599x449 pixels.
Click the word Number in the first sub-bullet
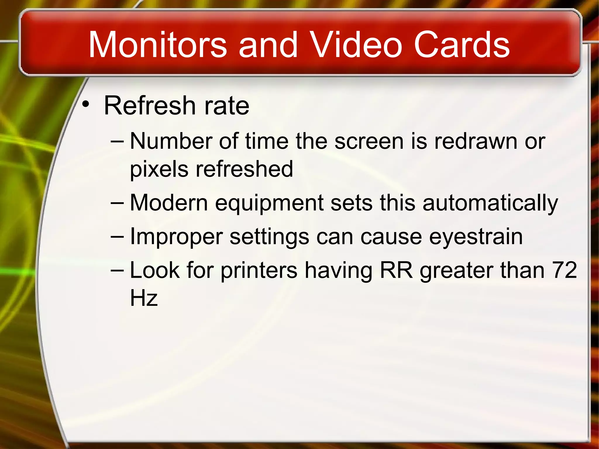coord(171,141)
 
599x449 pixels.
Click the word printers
coord(259,270)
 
